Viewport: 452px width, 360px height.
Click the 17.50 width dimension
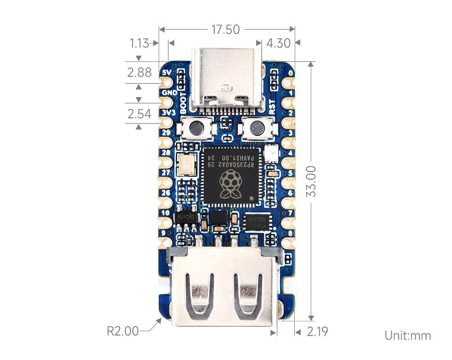tap(226, 30)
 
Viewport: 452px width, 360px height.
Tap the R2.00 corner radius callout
tap(122, 331)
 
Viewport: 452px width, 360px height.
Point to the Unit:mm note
tap(408, 335)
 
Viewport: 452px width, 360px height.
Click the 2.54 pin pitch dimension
tap(139, 114)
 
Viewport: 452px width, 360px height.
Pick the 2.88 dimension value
tap(139, 72)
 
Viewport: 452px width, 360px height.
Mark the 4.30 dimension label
tap(278, 43)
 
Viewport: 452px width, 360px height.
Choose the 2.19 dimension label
tap(317, 332)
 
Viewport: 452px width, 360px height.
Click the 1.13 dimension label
tap(139, 43)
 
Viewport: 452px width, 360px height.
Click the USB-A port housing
tap(226, 287)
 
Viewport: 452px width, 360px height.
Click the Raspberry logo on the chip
tap(229, 184)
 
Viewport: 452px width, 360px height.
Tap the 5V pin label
tap(167, 73)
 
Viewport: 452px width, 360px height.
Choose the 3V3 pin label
tap(169, 113)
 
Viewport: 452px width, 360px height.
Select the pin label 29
tap(166, 133)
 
